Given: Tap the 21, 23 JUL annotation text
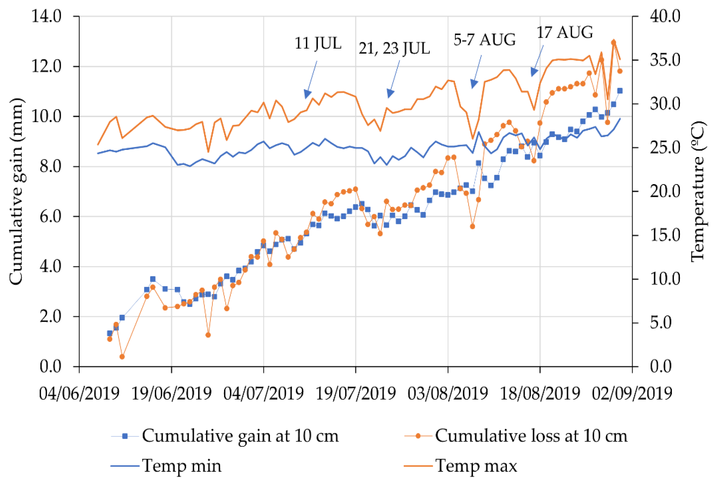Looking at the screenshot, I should (394, 48).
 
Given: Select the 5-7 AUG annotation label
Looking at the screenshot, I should (484, 40).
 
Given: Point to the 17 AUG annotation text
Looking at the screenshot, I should (564, 33).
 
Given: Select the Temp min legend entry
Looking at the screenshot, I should (181, 466).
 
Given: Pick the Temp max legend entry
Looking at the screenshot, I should (476, 466).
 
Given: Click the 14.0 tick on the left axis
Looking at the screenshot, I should (47, 16).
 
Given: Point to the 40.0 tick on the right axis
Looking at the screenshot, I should (665, 16).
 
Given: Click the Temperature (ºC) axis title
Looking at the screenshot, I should (698, 192).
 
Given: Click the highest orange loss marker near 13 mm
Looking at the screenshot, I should (614, 42).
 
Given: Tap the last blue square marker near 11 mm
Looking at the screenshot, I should (620, 91).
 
